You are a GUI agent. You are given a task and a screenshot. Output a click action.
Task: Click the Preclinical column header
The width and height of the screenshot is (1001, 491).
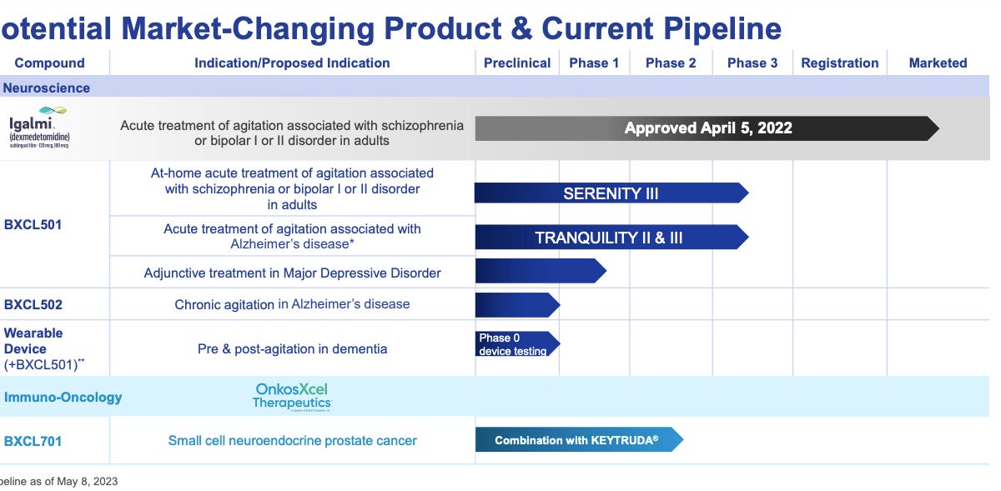(517, 63)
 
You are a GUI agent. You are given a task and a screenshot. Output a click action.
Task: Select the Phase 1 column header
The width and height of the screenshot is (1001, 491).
(594, 63)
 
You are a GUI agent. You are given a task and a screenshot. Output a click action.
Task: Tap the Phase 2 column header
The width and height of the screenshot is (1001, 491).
(671, 63)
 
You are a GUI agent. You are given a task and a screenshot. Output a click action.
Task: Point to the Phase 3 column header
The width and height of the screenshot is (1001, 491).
(752, 63)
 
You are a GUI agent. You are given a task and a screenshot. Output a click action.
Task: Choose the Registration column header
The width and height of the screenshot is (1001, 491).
(839, 63)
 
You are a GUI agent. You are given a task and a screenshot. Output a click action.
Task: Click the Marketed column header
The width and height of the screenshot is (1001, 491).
(938, 63)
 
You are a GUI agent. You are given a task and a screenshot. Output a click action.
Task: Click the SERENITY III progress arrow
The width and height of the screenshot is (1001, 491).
(611, 193)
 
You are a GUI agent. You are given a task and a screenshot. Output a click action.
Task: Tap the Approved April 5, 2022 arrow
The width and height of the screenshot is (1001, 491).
(707, 128)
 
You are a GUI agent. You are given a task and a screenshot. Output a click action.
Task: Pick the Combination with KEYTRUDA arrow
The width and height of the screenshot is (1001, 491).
(578, 440)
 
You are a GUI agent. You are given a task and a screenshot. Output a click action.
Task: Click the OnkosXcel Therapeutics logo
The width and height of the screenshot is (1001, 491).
(291, 397)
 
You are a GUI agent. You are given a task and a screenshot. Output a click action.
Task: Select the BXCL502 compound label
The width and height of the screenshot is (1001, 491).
(33, 304)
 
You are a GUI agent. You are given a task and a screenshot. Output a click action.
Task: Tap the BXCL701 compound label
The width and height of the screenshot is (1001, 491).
(33, 440)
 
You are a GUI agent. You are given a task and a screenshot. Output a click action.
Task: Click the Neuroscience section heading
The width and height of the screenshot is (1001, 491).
(46, 88)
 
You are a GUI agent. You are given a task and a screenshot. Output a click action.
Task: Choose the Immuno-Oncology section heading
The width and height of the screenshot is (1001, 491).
(63, 397)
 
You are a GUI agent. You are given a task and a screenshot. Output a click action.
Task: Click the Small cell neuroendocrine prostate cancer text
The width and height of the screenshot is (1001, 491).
(292, 440)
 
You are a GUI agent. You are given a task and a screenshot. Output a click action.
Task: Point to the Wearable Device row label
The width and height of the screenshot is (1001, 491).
(33, 341)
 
